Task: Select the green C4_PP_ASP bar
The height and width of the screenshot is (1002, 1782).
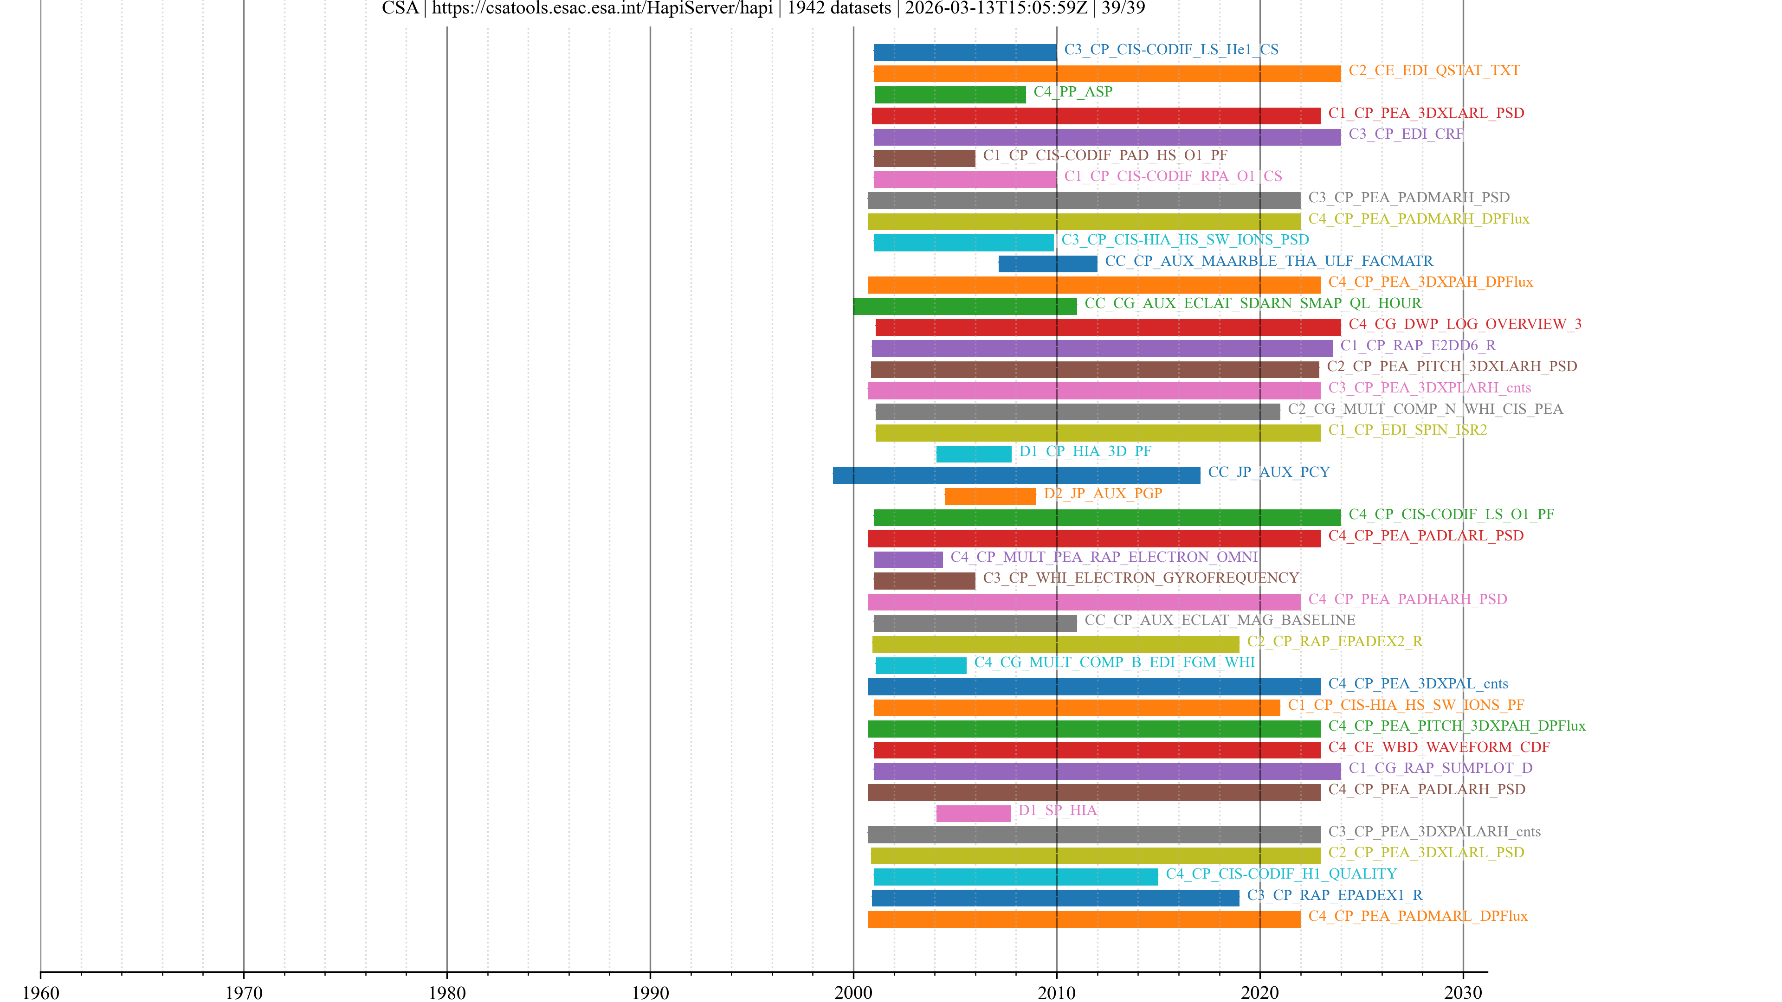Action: tap(950, 95)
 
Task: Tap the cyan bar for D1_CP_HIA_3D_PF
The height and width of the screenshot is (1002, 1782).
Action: tap(973, 454)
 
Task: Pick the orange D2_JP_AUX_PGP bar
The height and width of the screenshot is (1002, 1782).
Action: tap(990, 496)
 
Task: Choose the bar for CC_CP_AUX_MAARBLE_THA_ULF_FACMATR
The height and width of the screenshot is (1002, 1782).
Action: tap(1047, 264)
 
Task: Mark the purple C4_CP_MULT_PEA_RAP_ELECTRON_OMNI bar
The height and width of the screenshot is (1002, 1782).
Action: tap(908, 560)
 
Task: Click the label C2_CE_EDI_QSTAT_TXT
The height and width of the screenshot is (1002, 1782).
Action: tap(1433, 71)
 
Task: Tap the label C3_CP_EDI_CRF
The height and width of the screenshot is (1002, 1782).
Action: tap(1405, 134)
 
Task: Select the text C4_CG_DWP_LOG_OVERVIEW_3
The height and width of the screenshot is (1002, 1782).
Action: tap(1465, 324)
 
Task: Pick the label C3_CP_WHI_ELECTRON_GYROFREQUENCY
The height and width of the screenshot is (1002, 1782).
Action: tap(1140, 578)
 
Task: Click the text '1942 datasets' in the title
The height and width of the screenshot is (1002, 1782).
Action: tap(839, 8)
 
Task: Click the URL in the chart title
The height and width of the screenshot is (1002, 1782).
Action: tap(602, 8)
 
